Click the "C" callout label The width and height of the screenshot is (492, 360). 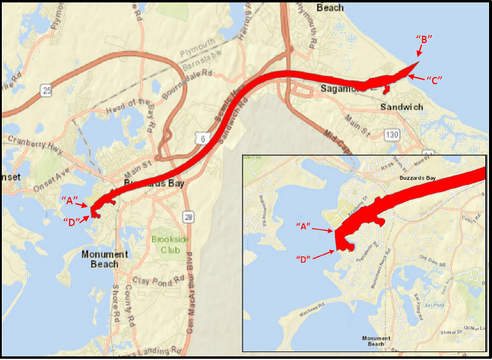pos(434,79)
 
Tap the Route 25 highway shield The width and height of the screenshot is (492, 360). pos(46,91)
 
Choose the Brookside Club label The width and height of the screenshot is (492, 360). pos(167,244)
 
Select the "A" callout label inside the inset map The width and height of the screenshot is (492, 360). pos(304,226)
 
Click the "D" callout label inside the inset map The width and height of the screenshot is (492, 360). pos(304,259)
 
